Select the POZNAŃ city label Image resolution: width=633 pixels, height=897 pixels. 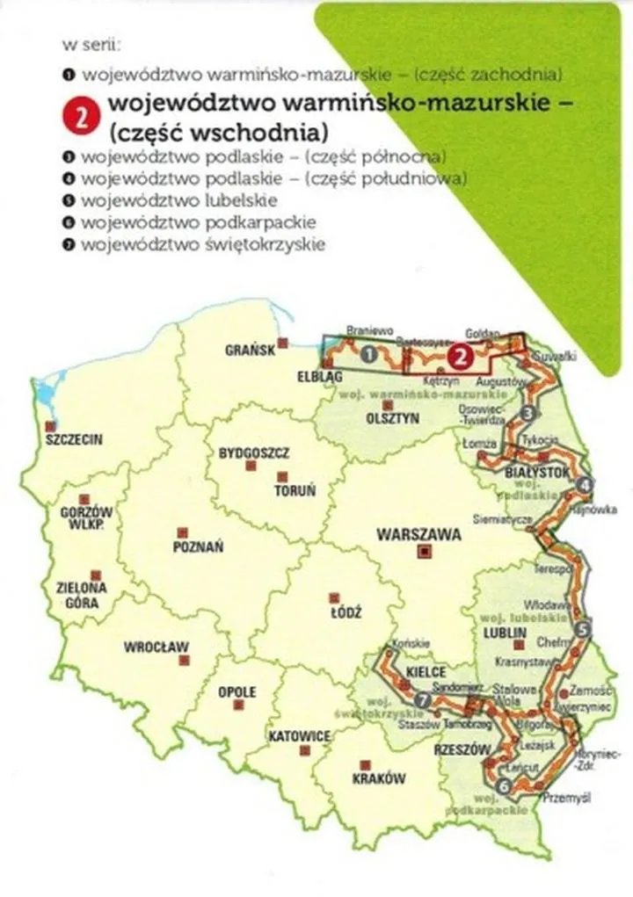198,546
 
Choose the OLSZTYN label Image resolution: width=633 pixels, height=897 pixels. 392,419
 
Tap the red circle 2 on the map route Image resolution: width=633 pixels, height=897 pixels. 459,355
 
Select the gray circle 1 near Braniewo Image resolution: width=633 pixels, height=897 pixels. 370,354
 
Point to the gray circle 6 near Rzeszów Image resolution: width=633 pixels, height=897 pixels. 503,785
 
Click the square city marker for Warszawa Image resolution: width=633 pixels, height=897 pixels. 426,552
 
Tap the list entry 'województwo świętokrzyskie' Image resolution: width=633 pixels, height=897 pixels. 202,243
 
